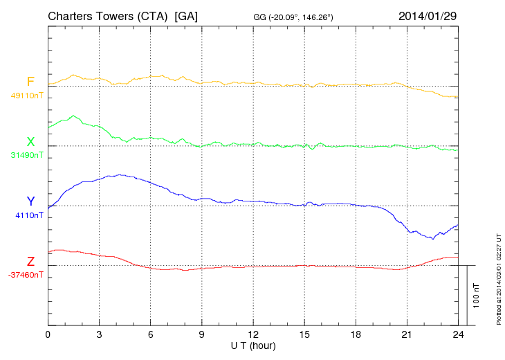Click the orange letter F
pos(30,82)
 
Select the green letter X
pos(30,142)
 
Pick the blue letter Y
pos(30,201)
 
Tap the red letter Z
pos(30,262)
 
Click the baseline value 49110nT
pos(26,96)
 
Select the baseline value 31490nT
pos(26,155)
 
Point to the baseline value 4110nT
pos(29,215)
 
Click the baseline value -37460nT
pos(26,275)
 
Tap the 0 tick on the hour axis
pos(48,334)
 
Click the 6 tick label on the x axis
pos(151,334)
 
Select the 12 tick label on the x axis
pos(253,334)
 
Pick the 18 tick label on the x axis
pos(356,334)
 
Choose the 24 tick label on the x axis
pos(458,334)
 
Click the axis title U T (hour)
pos(252,345)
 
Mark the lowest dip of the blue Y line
pos(433,239)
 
